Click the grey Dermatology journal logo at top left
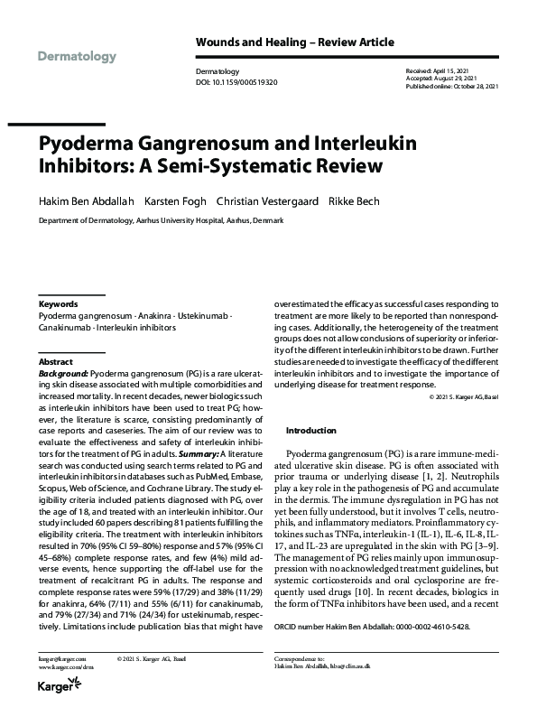pyautogui.click(x=78, y=57)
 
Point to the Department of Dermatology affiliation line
pyautogui.click(x=161, y=220)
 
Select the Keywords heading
pyautogui.click(x=59, y=304)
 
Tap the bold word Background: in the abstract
pyautogui.click(x=62, y=371)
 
